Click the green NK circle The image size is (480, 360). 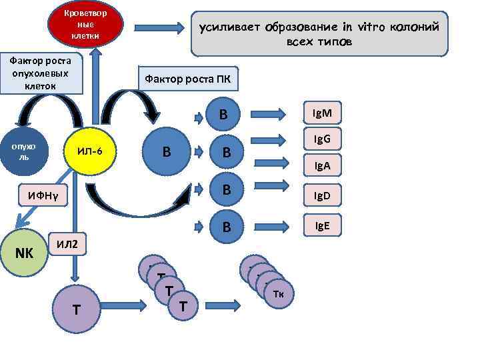point(25,253)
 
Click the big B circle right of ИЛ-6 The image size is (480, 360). point(166,151)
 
